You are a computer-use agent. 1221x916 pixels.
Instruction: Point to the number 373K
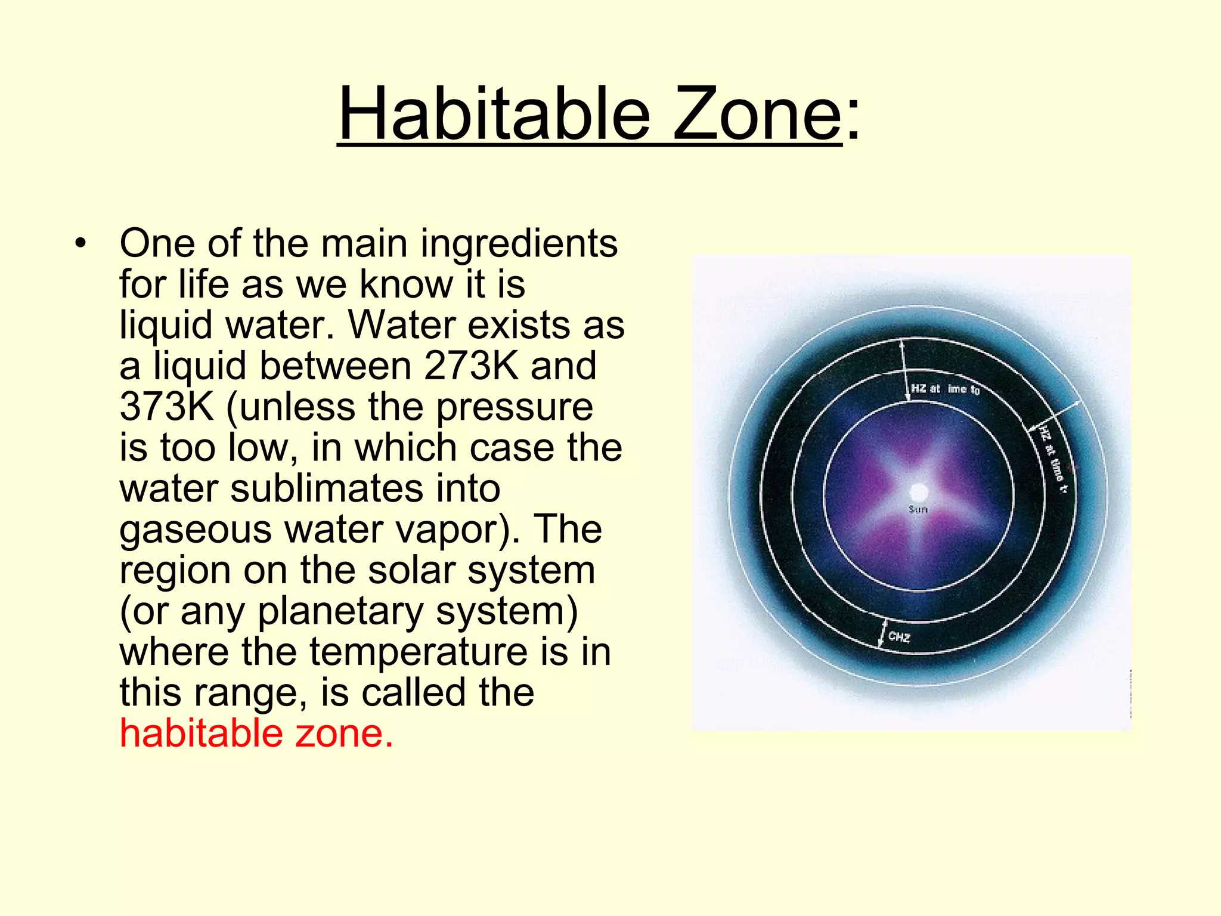tap(166, 407)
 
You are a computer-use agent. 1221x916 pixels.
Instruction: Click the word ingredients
tap(519, 245)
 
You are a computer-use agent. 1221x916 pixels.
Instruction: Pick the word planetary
tap(340, 612)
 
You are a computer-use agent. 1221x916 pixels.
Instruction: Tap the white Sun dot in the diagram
tap(919, 493)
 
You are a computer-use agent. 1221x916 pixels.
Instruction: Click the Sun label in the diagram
tap(918, 509)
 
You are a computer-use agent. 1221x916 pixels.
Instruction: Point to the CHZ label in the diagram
tap(899, 637)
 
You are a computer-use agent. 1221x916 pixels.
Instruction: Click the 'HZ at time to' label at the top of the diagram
tap(945, 389)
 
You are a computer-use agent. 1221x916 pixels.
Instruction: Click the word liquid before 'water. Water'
tap(166, 326)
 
